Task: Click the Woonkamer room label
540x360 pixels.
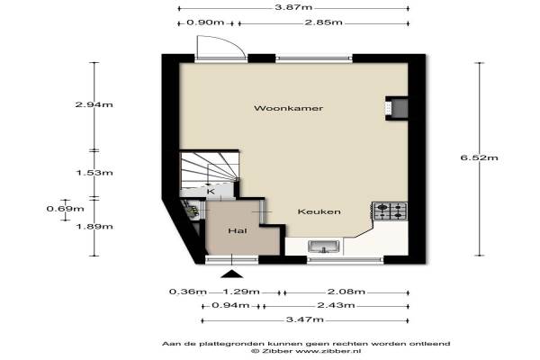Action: [x=289, y=108]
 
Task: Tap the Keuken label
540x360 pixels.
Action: [x=319, y=211]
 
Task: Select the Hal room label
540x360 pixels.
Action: [x=238, y=230]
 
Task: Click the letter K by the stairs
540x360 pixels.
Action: [x=211, y=192]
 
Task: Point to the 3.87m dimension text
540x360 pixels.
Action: [x=293, y=7]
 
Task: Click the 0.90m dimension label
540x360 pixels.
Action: [x=205, y=22]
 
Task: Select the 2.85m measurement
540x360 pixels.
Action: [x=323, y=22]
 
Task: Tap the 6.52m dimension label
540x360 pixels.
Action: [x=480, y=157]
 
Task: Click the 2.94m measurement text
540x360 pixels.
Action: [x=94, y=104]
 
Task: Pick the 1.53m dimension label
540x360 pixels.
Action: [x=94, y=173]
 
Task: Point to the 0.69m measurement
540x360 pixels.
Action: [x=65, y=209]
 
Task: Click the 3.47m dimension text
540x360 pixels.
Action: [x=305, y=319]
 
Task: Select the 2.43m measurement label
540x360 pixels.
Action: [x=336, y=305]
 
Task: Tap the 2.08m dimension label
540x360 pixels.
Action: [x=346, y=292]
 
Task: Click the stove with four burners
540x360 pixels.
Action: [x=390, y=211]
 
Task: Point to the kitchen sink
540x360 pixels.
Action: [x=323, y=247]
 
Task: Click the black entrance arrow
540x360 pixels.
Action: [x=232, y=274]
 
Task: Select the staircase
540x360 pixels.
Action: [x=210, y=168]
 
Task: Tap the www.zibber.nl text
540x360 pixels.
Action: [x=328, y=351]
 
